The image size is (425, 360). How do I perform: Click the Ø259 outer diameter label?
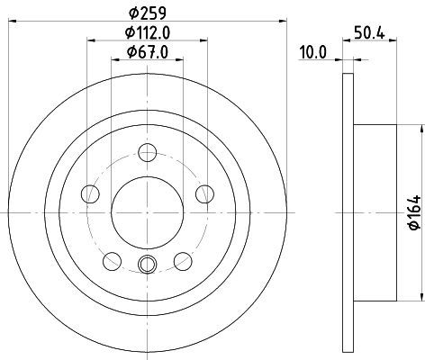click(148, 13)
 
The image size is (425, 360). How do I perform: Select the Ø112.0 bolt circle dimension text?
click(148, 32)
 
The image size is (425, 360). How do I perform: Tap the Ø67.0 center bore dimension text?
click(148, 52)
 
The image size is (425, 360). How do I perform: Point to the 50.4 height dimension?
click(369, 32)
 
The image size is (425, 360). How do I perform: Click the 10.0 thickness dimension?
click(313, 53)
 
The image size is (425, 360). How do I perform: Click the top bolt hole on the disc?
click(148, 153)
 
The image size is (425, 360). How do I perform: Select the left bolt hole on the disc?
click(90, 193)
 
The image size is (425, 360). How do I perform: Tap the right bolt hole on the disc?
click(204, 193)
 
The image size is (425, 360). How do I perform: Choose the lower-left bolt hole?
click(112, 261)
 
